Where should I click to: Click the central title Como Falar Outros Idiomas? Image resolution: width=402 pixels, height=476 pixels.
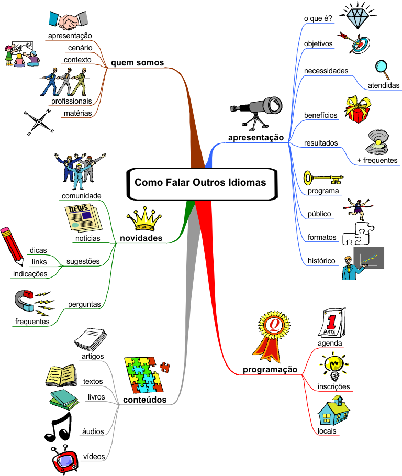(200, 182)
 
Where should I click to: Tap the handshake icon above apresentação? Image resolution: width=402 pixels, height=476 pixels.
(69, 20)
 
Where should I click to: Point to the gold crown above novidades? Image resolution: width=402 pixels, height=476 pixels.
(144, 219)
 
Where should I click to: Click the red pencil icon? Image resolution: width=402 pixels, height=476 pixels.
(12, 246)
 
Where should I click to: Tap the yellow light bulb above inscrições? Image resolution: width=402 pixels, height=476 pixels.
(334, 367)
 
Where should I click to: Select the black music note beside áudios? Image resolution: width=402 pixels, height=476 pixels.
(58, 427)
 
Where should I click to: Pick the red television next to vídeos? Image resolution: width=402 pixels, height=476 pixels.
(64, 460)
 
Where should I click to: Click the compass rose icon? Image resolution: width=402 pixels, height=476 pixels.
(39, 123)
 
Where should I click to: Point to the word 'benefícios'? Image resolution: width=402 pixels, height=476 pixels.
(321, 115)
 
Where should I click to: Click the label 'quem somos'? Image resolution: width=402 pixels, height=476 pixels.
(138, 62)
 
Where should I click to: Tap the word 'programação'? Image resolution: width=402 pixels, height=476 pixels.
(270, 370)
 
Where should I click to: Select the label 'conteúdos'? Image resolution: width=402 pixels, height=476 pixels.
(144, 400)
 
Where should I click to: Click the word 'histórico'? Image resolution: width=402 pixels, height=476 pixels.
(321, 261)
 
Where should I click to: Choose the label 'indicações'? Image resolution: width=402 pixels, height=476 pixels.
(30, 274)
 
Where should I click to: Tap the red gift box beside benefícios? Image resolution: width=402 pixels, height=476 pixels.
(358, 109)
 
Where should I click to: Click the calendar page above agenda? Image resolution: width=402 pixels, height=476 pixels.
(332, 323)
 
